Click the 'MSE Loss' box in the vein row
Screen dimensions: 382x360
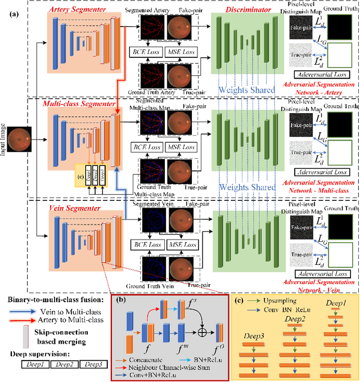click(182, 245)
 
